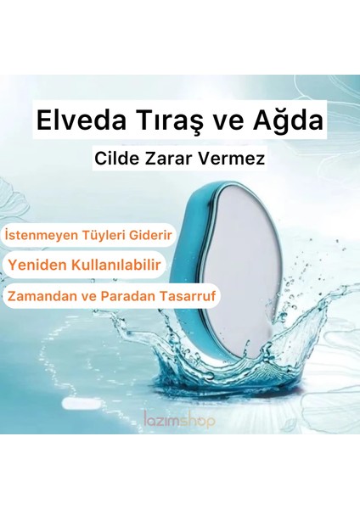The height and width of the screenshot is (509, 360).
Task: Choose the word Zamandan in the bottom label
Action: [x=44, y=297]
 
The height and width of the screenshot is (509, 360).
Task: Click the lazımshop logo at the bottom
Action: [x=178, y=419]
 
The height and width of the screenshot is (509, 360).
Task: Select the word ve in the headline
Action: [x=232, y=120]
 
